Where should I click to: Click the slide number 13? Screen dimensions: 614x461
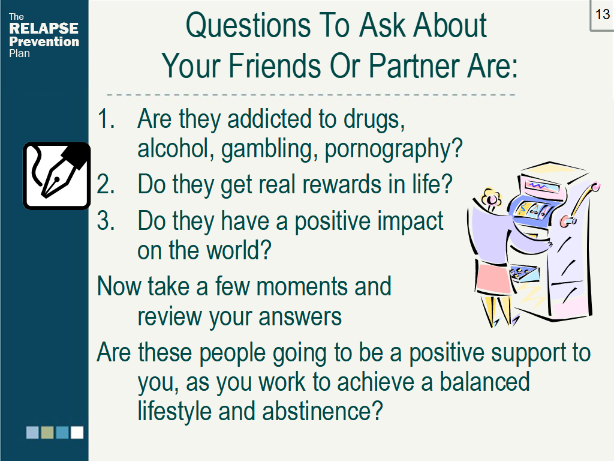pos(603,14)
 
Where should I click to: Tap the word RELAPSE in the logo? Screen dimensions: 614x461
pos(43,28)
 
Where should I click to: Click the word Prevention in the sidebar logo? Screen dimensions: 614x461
pos(44,41)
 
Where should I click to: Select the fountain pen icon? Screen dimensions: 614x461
pos(57,176)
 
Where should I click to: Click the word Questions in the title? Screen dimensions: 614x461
pos(248,26)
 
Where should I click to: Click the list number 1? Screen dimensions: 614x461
pos(106,118)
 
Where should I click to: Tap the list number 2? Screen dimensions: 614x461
pos(106,184)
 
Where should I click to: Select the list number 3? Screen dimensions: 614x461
pos(106,220)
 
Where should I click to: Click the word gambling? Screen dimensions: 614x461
pos(269,149)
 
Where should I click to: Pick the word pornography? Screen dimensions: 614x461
pos(393,149)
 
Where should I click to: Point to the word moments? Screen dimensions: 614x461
pos(302,286)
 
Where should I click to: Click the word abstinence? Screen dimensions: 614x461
pos(322,411)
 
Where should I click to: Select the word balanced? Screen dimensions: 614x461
pos(484,382)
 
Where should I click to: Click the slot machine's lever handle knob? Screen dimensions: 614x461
pos(595,187)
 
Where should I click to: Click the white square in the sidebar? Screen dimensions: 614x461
pos(77,432)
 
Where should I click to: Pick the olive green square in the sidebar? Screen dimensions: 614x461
pos(47,432)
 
